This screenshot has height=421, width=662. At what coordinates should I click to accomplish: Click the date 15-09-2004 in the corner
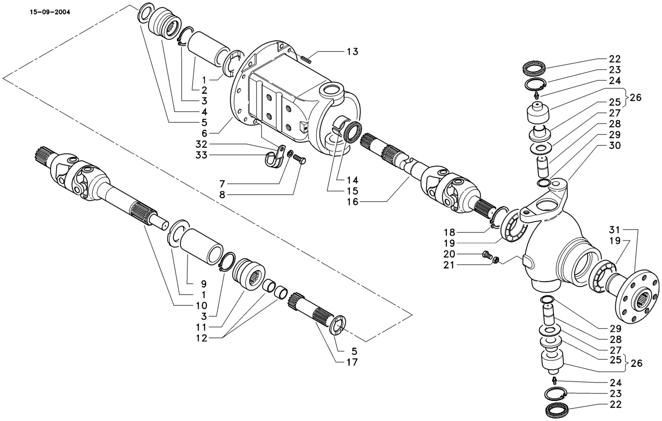49,12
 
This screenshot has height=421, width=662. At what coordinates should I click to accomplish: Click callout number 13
352,52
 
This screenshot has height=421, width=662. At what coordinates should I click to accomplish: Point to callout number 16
352,202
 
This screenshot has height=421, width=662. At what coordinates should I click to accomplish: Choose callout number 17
352,362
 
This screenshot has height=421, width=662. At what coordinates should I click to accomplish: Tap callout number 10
202,305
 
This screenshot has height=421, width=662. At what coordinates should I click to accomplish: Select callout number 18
449,232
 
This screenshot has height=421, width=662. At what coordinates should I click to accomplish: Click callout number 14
352,180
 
